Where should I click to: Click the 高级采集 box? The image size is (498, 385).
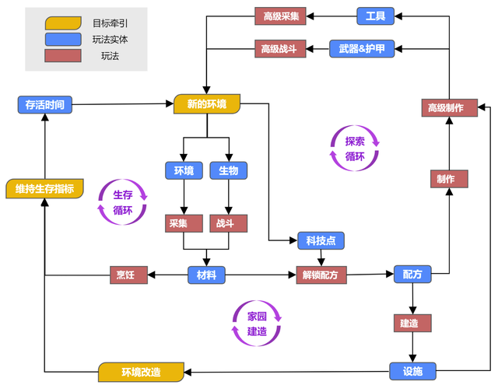(281, 16)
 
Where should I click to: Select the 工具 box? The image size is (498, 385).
(376, 16)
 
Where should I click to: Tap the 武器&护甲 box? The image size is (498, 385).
(361, 49)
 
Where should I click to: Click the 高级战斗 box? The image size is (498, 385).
(281, 49)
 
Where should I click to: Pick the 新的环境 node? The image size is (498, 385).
(207, 103)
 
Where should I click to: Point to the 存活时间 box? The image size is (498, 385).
(45, 104)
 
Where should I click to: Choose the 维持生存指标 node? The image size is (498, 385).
(44, 188)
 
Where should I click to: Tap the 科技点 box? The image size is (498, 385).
(321, 241)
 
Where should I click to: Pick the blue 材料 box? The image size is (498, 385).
(206, 275)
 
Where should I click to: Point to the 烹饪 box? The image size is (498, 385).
(128, 275)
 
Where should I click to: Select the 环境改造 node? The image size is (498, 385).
(141, 372)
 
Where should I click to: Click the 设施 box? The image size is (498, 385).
(412, 371)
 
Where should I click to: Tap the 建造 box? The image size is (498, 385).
(412, 323)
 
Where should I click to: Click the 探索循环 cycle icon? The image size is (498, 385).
(355, 149)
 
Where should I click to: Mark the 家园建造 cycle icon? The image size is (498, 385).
(257, 324)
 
